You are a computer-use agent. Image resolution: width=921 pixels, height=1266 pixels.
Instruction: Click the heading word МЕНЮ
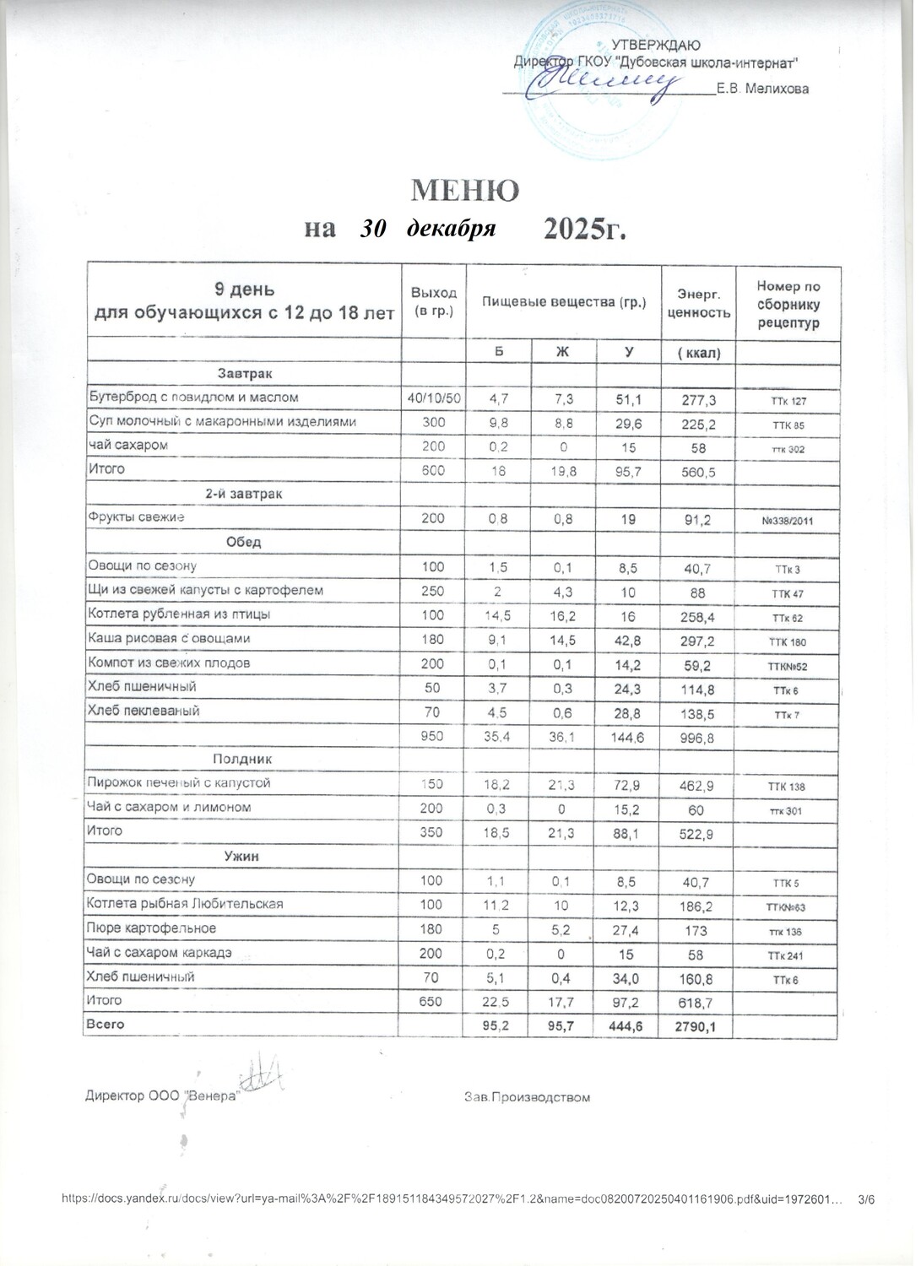point(464,191)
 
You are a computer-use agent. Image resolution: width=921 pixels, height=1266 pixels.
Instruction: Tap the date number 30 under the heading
point(372,229)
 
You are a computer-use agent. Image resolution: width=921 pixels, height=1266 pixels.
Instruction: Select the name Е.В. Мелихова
point(762,89)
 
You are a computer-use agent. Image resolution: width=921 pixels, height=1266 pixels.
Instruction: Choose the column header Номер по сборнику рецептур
point(788,305)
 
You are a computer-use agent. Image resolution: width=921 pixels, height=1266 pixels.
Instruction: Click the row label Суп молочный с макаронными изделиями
point(223,421)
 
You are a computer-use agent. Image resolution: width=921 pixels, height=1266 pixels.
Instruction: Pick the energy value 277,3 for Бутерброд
point(699,398)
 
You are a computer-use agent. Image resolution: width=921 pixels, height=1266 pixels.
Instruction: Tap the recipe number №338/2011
point(788,521)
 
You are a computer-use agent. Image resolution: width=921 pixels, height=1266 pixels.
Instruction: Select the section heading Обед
point(244,542)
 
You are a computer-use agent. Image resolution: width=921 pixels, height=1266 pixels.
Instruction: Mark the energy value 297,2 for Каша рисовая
point(699,641)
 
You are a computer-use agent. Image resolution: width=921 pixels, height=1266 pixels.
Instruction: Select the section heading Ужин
point(241,857)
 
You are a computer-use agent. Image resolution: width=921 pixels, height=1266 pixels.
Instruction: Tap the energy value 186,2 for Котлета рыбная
point(699,906)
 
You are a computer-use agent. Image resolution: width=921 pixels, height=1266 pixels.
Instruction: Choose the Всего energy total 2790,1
point(699,1026)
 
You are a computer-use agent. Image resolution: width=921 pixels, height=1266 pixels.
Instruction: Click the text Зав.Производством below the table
point(527,1097)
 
